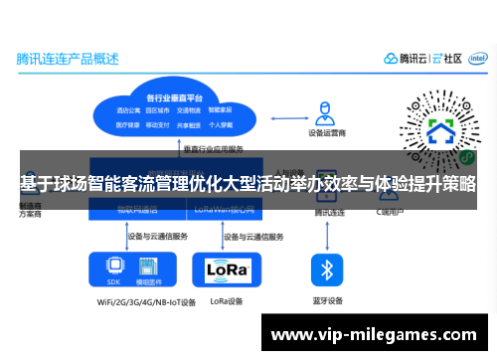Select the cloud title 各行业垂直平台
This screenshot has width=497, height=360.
[x=174, y=97]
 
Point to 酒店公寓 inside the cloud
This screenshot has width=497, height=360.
[x=127, y=110]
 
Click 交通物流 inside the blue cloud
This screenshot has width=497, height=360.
[x=190, y=110]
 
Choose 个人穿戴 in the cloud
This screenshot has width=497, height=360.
[x=220, y=124]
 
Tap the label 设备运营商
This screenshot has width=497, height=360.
[x=325, y=132]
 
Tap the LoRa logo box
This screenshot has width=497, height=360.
[x=228, y=270]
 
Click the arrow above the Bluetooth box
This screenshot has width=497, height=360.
[x=326, y=236]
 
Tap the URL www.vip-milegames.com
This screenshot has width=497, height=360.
[x=374, y=335]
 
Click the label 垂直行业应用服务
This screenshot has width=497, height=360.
[x=213, y=149]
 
